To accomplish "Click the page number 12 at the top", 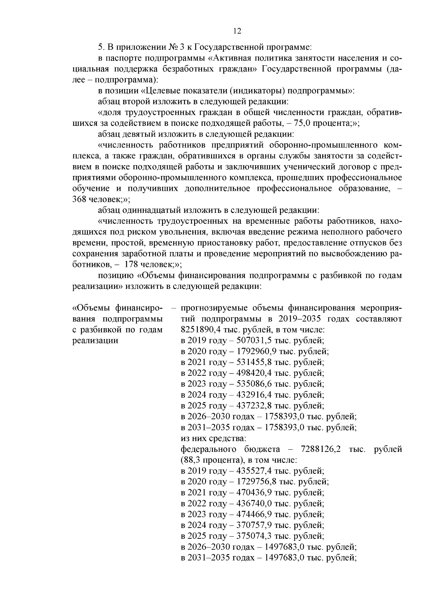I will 237,31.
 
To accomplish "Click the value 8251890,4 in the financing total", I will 197,330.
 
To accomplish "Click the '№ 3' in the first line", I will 174,47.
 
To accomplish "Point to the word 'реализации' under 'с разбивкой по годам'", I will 95,340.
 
